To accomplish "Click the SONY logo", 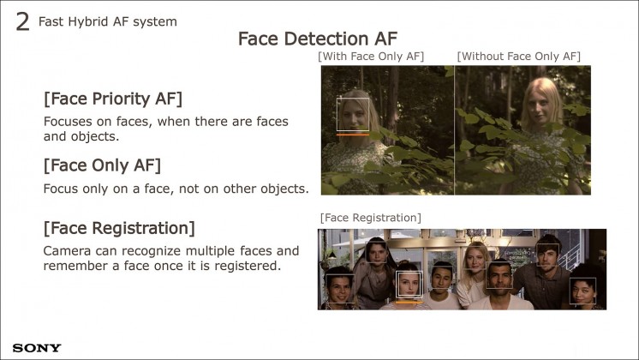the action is click(x=37, y=348).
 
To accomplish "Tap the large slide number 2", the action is click(x=23, y=21).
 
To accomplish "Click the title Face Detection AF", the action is click(x=318, y=39).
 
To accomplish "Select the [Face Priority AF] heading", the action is click(x=113, y=99).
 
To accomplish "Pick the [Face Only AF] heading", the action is click(x=102, y=165).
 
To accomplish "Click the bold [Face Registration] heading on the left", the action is click(x=119, y=228).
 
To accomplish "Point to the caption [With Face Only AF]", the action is click(x=371, y=57).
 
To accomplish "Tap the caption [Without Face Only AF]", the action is click(x=519, y=57).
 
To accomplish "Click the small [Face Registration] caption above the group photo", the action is click(x=370, y=218).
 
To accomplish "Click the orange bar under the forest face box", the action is click(x=353, y=134).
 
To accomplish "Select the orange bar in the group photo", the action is click(x=409, y=302).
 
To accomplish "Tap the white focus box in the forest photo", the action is click(x=353, y=98).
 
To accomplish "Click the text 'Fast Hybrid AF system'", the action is click(x=108, y=21).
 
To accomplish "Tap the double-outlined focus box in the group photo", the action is click(x=409, y=272).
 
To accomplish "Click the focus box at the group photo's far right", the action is click(x=582, y=279).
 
